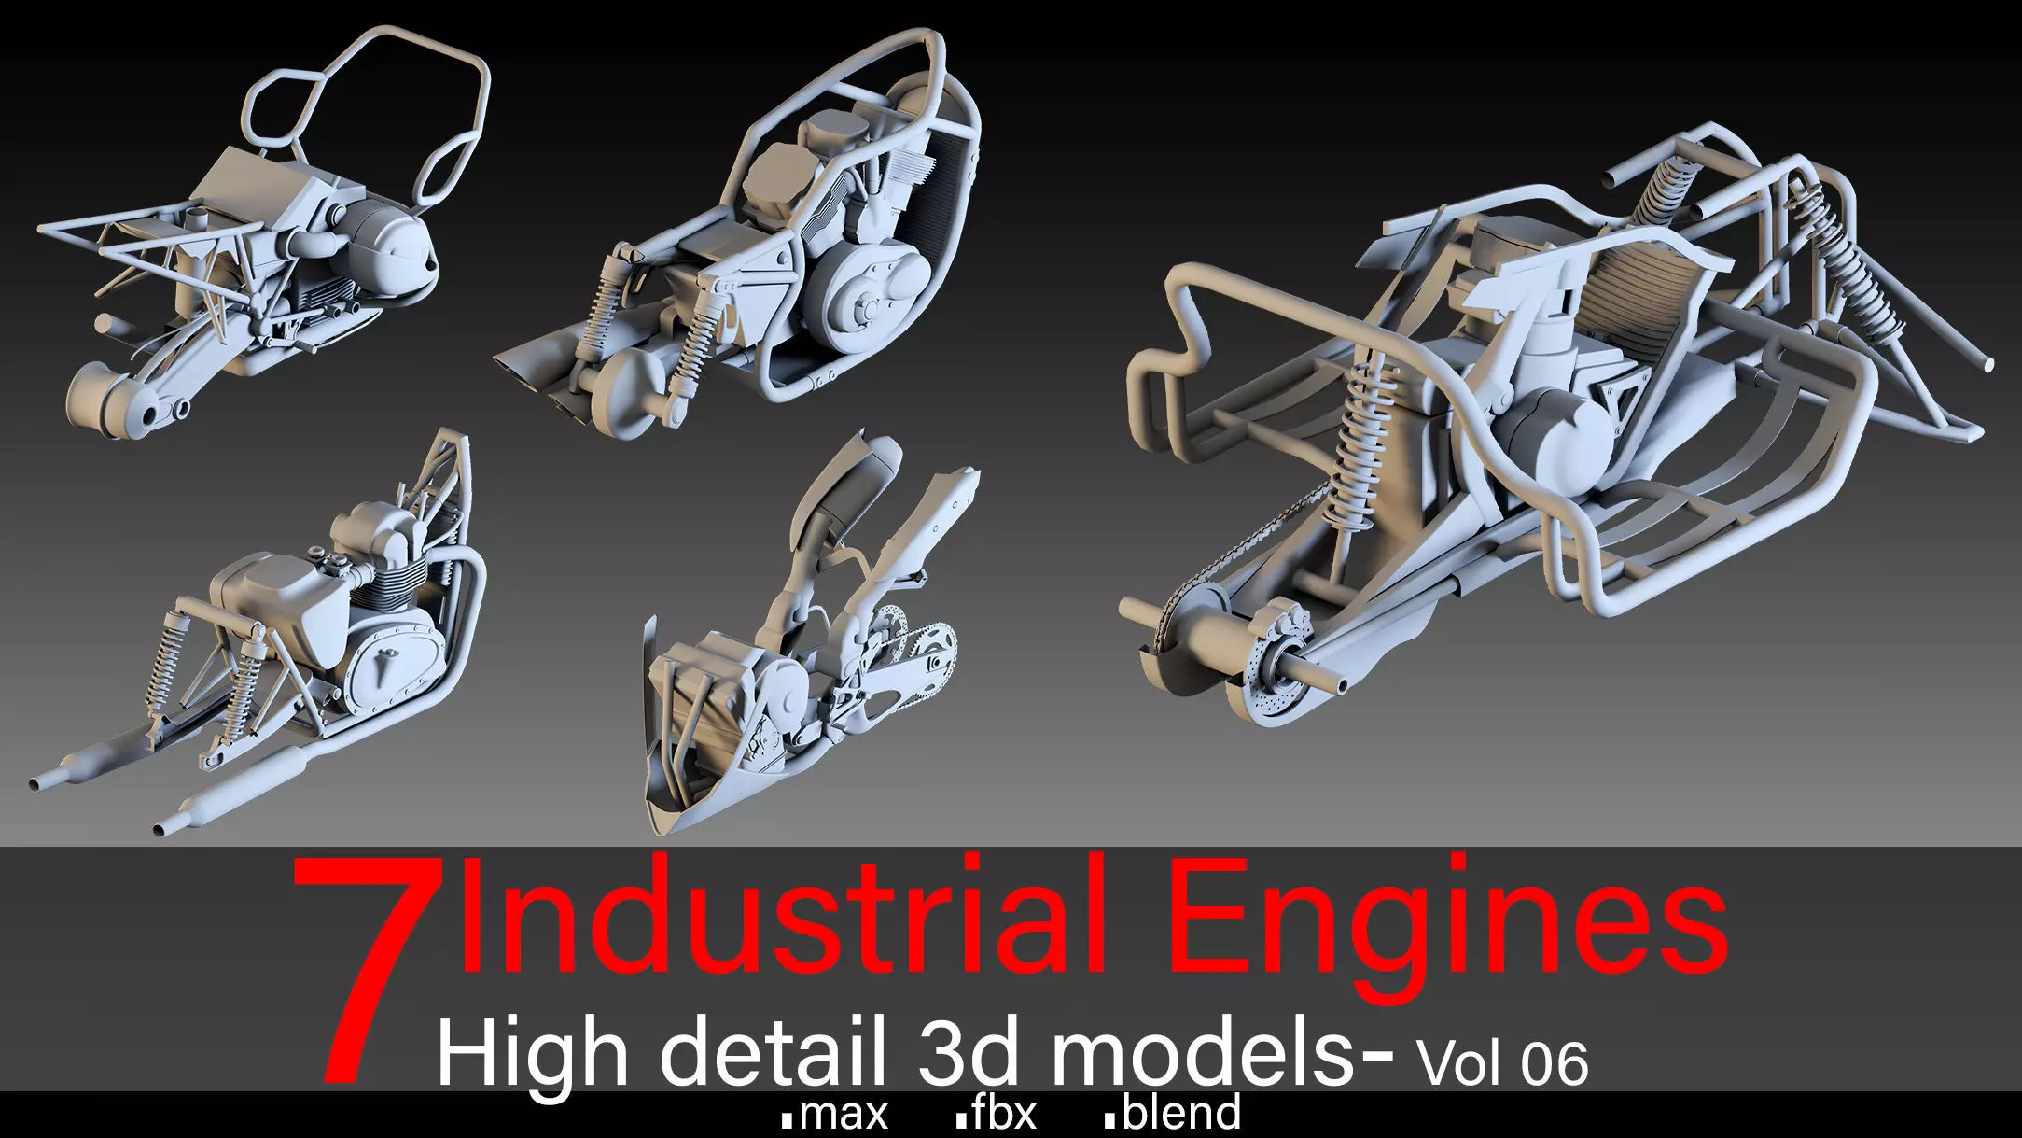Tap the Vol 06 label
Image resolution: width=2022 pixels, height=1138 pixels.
1501,1062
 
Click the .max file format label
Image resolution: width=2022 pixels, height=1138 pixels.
835,1114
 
